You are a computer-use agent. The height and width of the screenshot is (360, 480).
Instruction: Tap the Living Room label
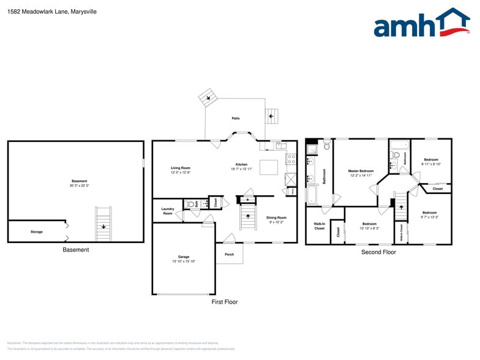click(x=181, y=168)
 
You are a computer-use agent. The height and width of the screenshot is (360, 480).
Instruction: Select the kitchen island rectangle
click(x=269, y=167)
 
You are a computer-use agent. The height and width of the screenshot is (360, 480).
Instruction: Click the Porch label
click(x=229, y=254)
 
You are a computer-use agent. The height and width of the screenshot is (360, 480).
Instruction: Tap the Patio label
click(x=235, y=118)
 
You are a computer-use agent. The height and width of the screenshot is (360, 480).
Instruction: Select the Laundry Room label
click(x=168, y=211)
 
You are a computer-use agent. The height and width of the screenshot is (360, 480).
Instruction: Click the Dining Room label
click(x=276, y=217)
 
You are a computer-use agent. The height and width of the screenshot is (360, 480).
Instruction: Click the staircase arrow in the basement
click(x=103, y=227)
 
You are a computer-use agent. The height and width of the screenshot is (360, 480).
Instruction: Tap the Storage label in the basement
click(x=37, y=232)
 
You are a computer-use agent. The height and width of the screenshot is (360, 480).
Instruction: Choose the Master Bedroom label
click(x=361, y=171)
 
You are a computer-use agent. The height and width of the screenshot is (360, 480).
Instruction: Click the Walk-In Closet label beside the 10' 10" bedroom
click(x=319, y=227)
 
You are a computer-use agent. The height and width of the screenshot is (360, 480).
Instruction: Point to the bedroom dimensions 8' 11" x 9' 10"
click(x=431, y=164)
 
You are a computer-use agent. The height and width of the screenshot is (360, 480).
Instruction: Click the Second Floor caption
click(x=378, y=252)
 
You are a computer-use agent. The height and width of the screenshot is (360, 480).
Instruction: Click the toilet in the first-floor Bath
click(x=190, y=204)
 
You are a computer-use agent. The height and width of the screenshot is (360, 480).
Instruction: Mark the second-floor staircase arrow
click(x=400, y=208)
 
